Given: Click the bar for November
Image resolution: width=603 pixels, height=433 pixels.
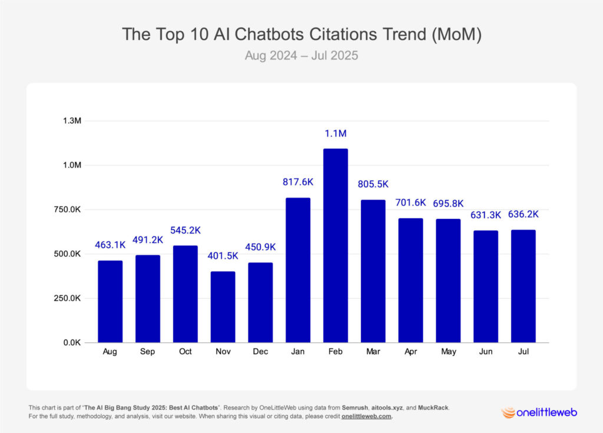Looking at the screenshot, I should [223, 307].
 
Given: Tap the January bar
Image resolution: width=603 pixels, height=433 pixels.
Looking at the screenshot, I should [298, 271].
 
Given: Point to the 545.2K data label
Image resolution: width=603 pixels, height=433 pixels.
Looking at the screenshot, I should [185, 231].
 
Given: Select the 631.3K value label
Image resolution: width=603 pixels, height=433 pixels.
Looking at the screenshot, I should [485, 215].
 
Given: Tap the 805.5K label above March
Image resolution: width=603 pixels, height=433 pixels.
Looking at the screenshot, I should [373, 184].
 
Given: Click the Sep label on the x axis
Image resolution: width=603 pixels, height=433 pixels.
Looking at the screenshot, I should [148, 351].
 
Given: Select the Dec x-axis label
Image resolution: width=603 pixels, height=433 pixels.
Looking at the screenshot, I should [260, 351].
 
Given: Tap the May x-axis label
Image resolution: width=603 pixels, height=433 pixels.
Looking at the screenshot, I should [448, 351].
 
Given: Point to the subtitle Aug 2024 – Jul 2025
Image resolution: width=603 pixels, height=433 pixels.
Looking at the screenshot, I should [301, 57].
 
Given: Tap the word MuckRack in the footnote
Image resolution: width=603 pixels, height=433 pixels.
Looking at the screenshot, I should [432, 408].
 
